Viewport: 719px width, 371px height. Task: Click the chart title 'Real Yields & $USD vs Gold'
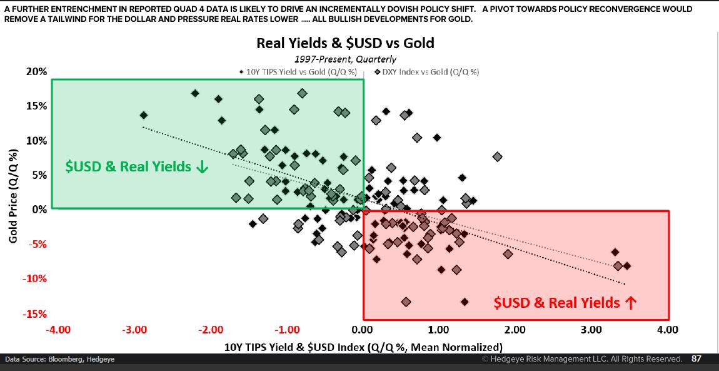pyautogui.click(x=345, y=43)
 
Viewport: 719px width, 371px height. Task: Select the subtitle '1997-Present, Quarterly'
pyautogui.click(x=345, y=59)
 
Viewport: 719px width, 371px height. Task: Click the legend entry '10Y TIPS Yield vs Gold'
pyautogui.click(x=301, y=72)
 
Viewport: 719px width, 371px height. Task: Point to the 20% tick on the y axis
pyautogui.click(x=37, y=72)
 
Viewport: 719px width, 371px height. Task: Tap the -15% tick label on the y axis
pyautogui.click(x=35, y=314)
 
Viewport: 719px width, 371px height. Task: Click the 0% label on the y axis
pyautogui.click(x=39, y=210)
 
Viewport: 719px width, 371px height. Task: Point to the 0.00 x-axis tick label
pyautogui.click(x=363, y=330)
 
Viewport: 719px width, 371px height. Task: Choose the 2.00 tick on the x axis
pyautogui.click(x=515, y=330)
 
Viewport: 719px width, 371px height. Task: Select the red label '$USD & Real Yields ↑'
pyautogui.click(x=565, y=303)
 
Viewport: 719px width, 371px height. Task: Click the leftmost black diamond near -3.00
pyautogui.click(x=144, y=115)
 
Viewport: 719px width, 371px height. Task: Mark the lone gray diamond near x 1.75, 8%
pyautogui.click(x=497, y=156)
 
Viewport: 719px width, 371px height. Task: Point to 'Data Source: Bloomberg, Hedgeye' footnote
pyautogui.click(x=60, y=360)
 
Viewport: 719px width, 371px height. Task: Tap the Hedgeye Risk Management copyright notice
pyautogui.click(x=581, y=359)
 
